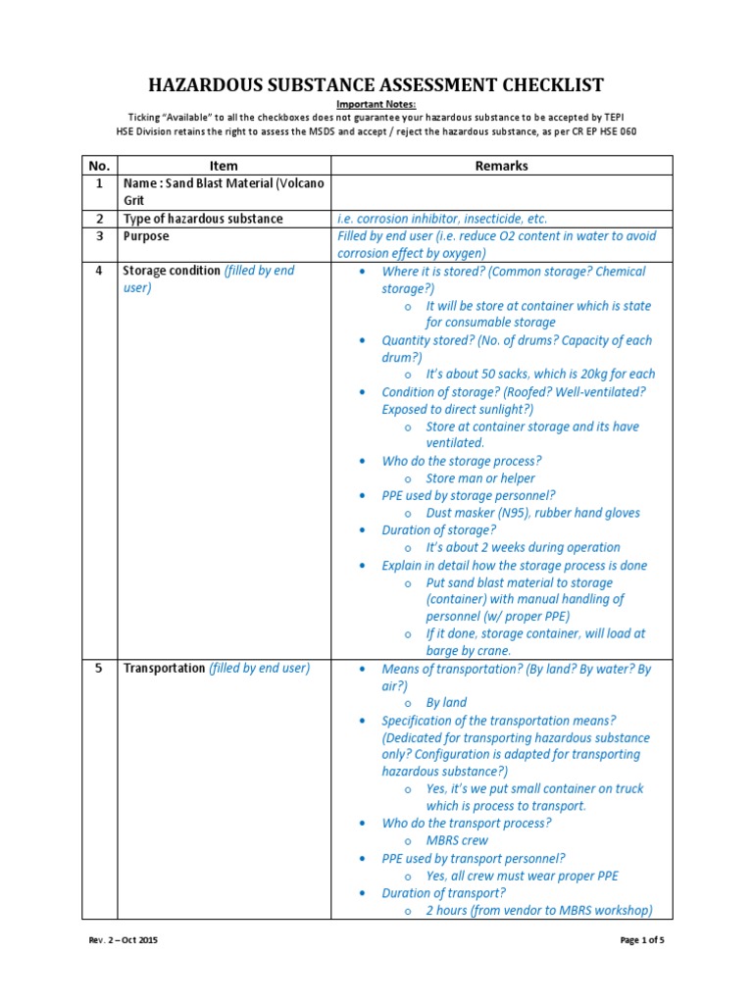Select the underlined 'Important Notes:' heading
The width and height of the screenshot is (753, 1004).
click(376, 104)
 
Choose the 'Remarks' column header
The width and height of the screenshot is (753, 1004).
click(501, 166)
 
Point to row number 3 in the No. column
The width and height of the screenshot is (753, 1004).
click(98, 236)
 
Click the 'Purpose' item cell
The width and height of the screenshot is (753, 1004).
click(146, 236)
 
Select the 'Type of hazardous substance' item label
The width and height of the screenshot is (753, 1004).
click(203, 219)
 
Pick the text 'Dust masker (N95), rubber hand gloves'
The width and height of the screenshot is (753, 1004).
click(532, 513)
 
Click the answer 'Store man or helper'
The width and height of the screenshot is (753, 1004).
click(480, 478)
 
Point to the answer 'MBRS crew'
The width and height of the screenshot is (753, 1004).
click(457, 840)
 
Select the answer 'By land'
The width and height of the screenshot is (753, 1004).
click(446, 702)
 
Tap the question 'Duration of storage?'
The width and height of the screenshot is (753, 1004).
click(439, 530)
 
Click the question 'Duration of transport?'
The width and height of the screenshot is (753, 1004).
click(443, 893)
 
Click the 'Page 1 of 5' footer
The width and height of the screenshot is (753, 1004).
click(642, 940)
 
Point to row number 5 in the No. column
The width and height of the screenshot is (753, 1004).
click(98, 669)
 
